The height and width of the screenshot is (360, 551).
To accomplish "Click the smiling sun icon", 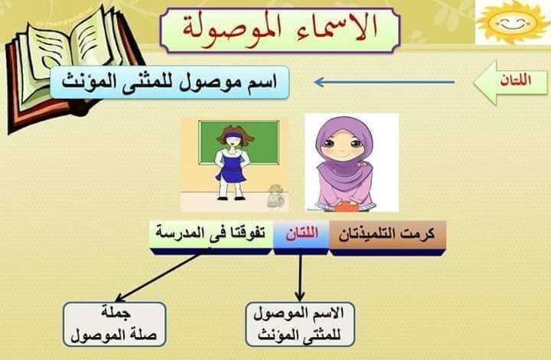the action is pyautogui.click(x=513, y=21).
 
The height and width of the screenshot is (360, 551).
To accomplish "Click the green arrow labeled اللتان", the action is pyautogui.click(x=510, y=83).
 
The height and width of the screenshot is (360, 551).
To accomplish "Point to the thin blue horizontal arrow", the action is pyautogui.click(x=384, y=83).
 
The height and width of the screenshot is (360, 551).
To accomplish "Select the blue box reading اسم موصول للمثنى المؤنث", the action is pyautogui.click(x=170, y=82).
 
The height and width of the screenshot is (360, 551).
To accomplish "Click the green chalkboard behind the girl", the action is pyautogui.click(x=239, y=142).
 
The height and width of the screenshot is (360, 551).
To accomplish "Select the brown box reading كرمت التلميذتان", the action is pyautogui.click(x=387, y=238).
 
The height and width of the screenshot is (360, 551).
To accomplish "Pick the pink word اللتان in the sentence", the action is pyautogui.click(x=302, y=234).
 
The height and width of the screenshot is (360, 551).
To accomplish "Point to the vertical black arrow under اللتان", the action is pyautogui.click(x=300, y=276).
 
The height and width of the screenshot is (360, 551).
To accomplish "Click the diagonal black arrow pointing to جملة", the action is pyautogui.click(x=158, y=278).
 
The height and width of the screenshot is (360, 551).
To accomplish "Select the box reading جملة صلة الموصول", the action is pyautogui.click(x=114, y=324).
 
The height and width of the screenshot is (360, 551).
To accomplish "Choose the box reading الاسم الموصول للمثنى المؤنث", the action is pyautogui.click(x=300, y=324).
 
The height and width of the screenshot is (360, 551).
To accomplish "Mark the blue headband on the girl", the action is pyautogui.click(x=232, y=136).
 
